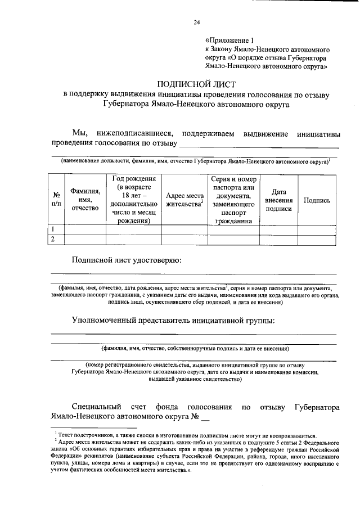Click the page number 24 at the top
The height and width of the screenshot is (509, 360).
pos(197,22)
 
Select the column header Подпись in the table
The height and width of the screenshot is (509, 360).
pos(317,200)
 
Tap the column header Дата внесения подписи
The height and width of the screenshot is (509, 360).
pos(278,200)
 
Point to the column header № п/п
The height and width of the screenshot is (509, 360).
pos(56,200)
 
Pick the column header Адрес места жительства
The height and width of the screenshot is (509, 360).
pos(184,200)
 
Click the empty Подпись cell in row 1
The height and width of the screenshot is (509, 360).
pos(317,229)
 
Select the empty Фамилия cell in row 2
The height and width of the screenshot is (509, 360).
pos(85,240)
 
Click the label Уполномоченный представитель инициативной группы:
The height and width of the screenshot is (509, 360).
pos(173,321)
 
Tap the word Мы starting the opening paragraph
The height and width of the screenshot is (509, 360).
pos(79,133)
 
